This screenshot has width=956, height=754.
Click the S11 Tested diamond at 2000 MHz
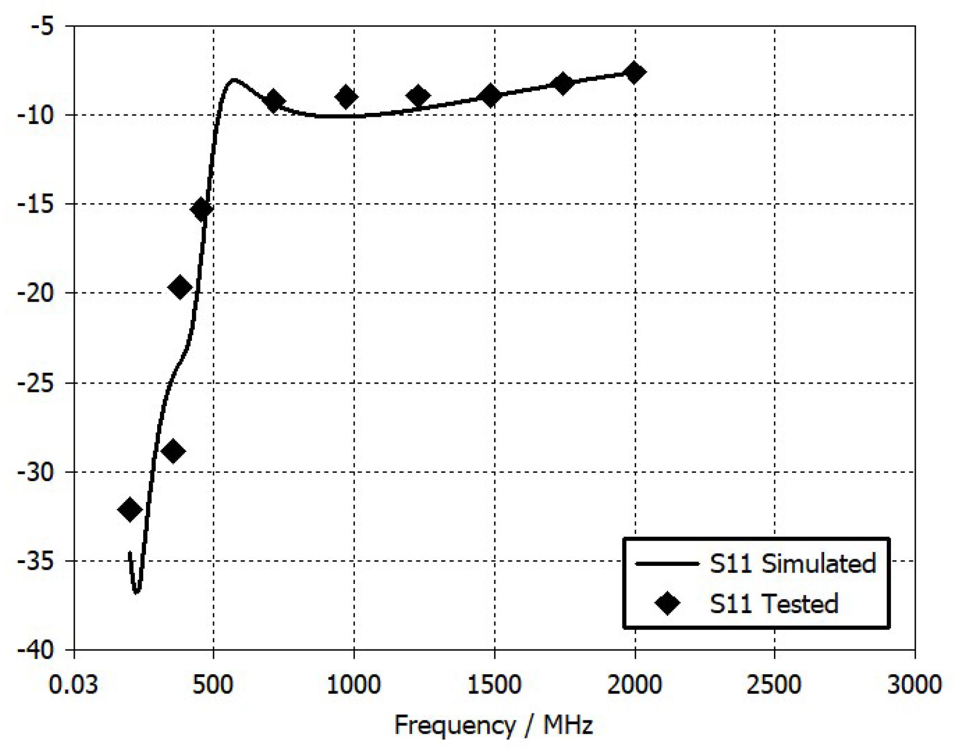634,72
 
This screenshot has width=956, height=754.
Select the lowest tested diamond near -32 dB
130,510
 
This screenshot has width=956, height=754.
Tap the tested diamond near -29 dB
173,451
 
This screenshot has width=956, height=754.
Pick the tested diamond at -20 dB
180,287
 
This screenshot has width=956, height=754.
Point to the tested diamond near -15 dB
202,209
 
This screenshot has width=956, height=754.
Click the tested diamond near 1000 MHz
346,97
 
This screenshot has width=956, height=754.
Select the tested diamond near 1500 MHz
491,95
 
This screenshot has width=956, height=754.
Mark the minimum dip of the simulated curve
136,592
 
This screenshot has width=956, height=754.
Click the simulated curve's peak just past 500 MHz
234,80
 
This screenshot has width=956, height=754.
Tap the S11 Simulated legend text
792,563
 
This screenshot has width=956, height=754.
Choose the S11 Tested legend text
774,604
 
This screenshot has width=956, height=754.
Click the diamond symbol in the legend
667,604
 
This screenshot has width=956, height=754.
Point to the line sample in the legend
667,563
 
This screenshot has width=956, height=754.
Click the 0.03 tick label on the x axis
74,685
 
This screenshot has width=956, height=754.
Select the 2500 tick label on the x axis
774,685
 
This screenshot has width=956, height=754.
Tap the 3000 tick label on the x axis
914,685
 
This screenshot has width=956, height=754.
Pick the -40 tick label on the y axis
35,650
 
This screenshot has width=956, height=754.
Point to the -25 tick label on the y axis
35,383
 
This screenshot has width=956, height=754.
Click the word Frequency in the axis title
455,725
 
